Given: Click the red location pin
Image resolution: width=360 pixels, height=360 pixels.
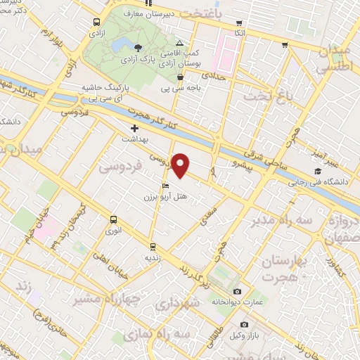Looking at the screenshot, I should click(181, 165).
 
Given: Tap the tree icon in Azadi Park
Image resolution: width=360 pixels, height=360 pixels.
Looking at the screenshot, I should click(137, 47).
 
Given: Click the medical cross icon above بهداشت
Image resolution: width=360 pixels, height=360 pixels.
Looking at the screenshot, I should click(134, 129).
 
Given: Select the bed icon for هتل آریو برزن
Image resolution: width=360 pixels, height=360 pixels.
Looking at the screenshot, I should click(165, 186).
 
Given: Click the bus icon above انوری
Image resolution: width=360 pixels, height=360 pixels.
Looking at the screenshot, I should click(112, 219).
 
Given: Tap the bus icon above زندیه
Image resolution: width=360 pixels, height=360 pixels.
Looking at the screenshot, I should click(153, 246).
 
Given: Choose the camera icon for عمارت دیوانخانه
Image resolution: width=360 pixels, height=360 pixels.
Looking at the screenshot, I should click(237, 291).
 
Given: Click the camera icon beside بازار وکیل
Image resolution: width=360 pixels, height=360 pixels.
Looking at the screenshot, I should click(244, 324).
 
